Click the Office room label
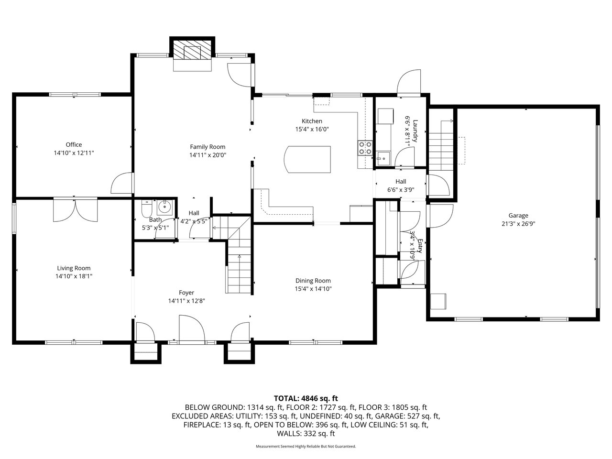[x=74, y=145]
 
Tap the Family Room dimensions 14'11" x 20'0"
[x=208, y=155]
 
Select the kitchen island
[x=307, y=159]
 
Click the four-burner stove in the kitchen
[x=365, y=148]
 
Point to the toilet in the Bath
[x=146, y=208]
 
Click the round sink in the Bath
[x=165, y=207]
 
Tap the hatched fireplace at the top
[x=192, y=50]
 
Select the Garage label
[x=518, y=216]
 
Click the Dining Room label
[x=313, y=281]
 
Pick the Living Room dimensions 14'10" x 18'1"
[x=74, y=276]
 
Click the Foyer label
[x=186, y=293]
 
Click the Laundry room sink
[x=383, y=159]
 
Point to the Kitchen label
[x=312, y=121]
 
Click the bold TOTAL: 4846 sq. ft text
[x=306, y=398]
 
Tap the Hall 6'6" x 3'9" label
[x=401, y=186]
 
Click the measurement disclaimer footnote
[x=306, y=447]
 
